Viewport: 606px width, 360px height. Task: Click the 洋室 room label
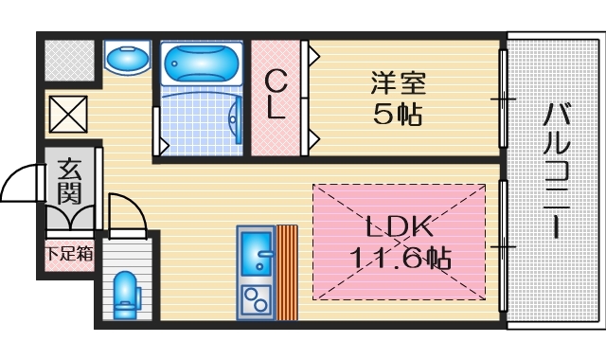coord(398,83)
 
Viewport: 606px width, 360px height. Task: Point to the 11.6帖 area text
coord(400,258)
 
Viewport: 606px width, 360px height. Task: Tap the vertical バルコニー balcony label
coord(556,171)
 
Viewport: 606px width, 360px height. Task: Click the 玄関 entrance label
coord(69,184)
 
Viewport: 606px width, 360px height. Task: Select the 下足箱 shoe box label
coord(69,254)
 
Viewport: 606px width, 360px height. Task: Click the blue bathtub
coord(203,64)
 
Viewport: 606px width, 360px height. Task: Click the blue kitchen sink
coord(256,254)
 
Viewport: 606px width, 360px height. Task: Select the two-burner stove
coord(256,301)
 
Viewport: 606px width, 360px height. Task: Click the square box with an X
coord(69,115)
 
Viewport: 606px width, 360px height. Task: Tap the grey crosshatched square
coord(69,60)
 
